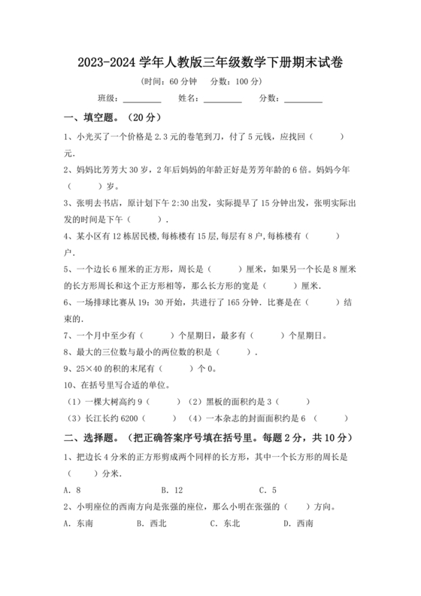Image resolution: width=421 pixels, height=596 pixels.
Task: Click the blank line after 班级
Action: coord(142,101)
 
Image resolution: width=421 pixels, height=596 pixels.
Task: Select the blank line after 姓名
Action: coord(223,101)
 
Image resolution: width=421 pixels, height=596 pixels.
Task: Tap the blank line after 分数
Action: coord(303,101)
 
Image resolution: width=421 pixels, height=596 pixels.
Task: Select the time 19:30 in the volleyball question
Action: coord(163,302)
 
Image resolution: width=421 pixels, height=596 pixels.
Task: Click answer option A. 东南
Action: coord(78,524)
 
